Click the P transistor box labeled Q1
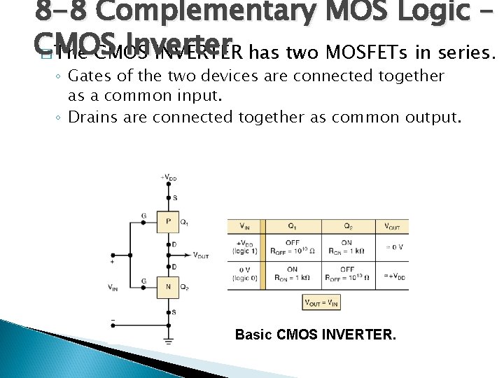168,223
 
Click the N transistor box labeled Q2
168,287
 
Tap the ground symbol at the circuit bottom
168,341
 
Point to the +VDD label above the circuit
168,177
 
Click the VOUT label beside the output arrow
200,255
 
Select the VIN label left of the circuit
113,286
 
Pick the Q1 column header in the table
292,226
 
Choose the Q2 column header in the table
347,226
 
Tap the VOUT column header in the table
393,226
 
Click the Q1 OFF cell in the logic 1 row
292,247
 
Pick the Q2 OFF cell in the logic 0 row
347,273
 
